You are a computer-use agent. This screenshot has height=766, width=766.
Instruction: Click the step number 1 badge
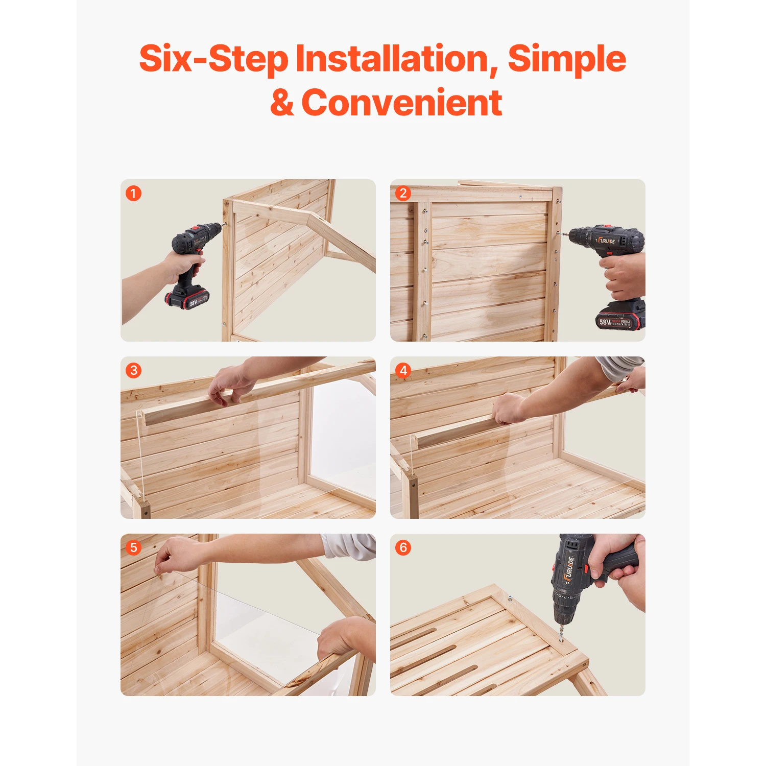[x=133, y=194]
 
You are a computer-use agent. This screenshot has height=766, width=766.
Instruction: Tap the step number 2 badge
[x=403, y=194]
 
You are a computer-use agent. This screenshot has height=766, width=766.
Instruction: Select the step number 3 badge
[x=133, y=370]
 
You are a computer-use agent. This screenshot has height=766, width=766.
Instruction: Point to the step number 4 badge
[x=403, y=370]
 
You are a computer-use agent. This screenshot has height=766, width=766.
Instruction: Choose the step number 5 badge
[x=133, y=547]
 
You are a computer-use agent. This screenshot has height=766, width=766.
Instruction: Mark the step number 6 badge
[x=403, y=547]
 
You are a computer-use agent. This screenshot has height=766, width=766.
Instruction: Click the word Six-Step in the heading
[x=213, y=59]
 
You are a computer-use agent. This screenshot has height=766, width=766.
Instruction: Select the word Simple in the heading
[x=566, y=59]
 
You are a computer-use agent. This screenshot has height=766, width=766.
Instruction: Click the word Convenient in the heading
[x=402, y=103]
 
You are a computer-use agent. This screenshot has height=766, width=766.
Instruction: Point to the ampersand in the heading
[x=282, y=103]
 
